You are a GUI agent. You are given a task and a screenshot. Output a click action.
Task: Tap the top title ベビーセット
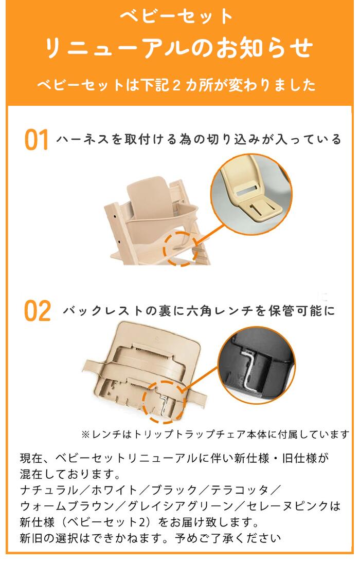(x=177, y=17)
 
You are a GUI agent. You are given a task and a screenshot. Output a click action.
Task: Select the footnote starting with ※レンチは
(x=215, y=434)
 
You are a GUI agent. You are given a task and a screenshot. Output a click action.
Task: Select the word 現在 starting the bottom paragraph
(x=31, y=457)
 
